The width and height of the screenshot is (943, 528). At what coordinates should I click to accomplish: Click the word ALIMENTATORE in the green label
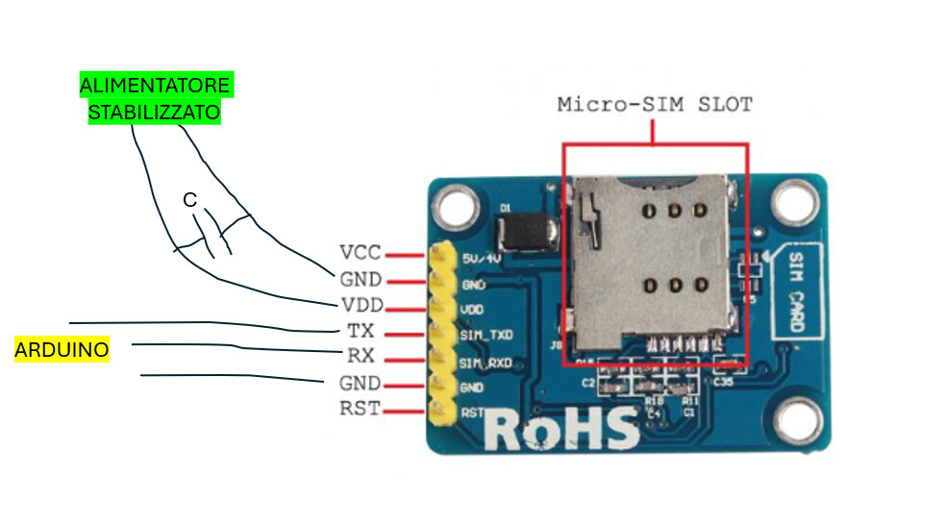click(155, 86)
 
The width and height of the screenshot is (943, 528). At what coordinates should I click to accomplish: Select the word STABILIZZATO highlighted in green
click(155, 113)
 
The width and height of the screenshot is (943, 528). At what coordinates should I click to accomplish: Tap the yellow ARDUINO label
click(62, 350)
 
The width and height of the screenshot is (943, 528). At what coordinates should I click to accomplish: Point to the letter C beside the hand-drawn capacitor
click(190, 200)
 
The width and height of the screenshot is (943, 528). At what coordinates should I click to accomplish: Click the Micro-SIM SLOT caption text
click(655, 104)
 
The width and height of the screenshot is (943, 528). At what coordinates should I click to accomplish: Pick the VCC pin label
click(360, 254)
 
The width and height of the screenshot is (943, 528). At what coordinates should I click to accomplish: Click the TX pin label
click(361, 331)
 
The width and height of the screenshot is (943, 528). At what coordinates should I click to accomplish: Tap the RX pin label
click(361, 356)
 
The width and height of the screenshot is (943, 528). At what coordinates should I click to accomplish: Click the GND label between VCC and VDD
click(360, 280)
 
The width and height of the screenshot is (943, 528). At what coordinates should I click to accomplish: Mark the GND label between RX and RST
click(360, 383)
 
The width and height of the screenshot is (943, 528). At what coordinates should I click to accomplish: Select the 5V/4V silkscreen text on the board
click(482, 260)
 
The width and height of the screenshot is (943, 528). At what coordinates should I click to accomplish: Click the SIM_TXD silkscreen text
click(485, 336)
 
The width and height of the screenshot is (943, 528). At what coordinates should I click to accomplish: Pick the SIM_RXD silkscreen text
click(485, 363)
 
